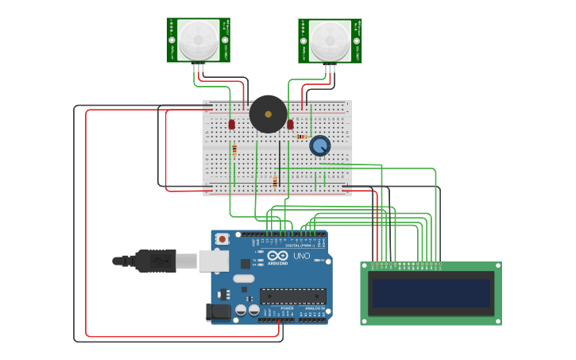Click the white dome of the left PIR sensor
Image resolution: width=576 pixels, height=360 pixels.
[198, 40]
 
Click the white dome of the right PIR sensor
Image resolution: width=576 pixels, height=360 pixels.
[330, 40]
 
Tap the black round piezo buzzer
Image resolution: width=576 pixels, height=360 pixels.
[268, 114]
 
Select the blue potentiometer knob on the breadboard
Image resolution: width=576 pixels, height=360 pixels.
[319, 145]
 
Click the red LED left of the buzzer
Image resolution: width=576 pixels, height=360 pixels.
[231, 125]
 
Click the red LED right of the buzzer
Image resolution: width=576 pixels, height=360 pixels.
[290, 125]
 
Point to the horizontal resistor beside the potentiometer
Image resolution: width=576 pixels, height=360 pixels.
[301, 137]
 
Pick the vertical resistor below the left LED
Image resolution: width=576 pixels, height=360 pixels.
[234, 150]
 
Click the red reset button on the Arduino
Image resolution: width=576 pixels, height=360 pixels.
[222, 238]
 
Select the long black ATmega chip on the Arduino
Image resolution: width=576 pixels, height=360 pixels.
[292, 296]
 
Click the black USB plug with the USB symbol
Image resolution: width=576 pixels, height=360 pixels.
[154, 260]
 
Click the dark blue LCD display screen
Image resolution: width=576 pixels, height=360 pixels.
[431, 292]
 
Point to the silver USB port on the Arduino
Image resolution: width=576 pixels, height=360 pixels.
[212, 260]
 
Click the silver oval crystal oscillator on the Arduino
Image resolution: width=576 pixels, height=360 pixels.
[243, 278]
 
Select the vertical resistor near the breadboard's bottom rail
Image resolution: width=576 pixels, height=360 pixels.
[275, 182]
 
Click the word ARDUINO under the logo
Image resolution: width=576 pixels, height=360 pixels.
[277, 263]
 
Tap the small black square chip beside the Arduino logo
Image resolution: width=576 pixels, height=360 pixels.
[245, 263]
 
